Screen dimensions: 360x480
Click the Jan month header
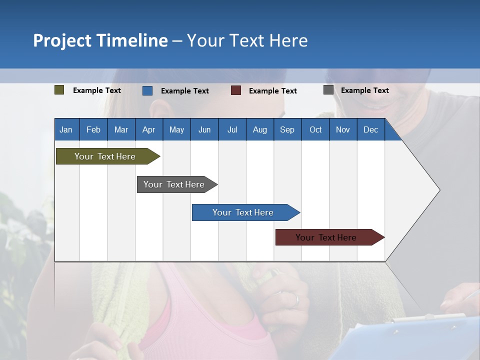66,129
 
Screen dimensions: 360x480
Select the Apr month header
148,129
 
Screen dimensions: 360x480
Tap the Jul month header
232,129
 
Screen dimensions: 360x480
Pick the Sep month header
287,129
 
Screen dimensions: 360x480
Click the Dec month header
370,129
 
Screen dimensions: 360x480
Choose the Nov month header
342,129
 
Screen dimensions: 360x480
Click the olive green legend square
59,90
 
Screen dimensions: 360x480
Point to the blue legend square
147,90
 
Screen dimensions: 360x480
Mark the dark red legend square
235,90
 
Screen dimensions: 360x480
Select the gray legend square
328,90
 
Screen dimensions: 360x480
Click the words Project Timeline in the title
100,40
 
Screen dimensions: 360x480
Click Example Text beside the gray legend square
364,90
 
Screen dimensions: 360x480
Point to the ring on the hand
296,300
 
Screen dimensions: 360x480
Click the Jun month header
204,129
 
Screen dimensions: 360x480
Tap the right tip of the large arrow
438,189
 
